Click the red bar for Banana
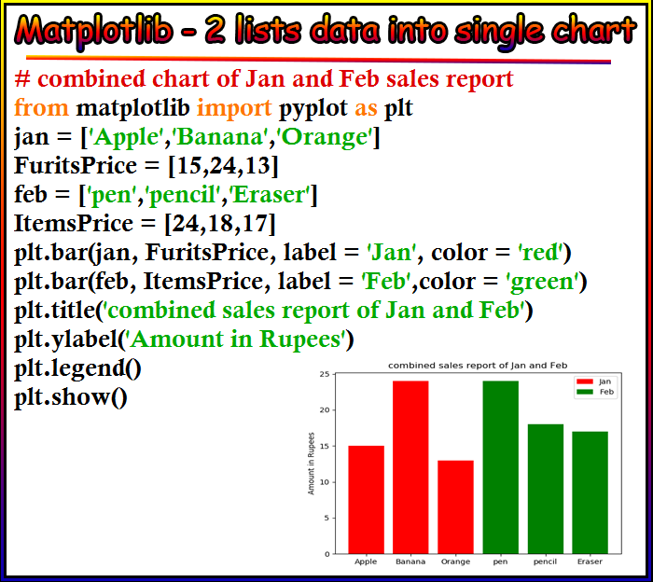coord(410,467)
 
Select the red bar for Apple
coord(366,500)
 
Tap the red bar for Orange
coord(455,507)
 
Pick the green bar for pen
coord(501,467)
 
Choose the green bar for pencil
coord(546,489)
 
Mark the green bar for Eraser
coord(590,492)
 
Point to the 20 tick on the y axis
coord(325,410)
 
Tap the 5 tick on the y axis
coord(326,519)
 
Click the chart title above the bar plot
coord(478,366)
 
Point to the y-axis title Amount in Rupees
coord(311,464)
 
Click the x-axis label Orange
coord(455,562)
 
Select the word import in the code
coord(234,108)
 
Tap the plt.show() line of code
coord(71,396)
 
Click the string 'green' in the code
coord(542,282)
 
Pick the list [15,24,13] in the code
coord(223,166)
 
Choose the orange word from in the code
coord(41,107)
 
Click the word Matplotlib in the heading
coord(93,31)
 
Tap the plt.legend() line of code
coord(77,368)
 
